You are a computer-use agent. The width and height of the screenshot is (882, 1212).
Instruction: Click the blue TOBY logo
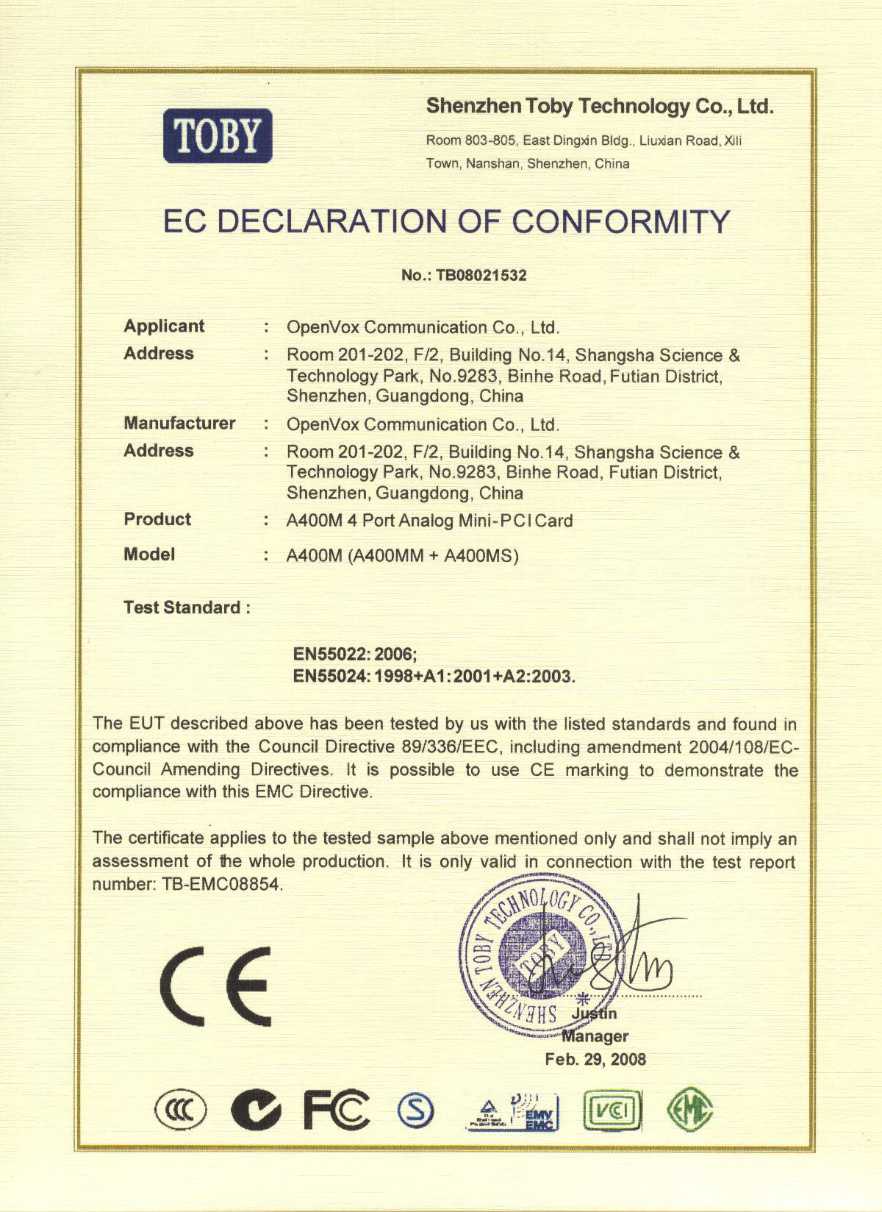point(218,135)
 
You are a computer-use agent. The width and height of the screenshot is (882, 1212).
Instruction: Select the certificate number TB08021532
point(481,275)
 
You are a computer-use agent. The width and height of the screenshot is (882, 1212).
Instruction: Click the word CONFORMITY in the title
point(620,221)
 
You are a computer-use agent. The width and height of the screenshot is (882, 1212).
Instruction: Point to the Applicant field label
point(164,326)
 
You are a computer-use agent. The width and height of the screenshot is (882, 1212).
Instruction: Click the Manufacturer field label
point(179,423)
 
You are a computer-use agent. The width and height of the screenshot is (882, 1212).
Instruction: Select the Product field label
point(157,519)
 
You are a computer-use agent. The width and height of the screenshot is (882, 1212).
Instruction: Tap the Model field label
point(149,554)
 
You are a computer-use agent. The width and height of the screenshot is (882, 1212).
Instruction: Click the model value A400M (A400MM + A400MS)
point(402,556)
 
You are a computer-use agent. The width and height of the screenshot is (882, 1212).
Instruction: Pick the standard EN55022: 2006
point(355,654)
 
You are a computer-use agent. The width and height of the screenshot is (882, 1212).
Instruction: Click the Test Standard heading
point(187,607)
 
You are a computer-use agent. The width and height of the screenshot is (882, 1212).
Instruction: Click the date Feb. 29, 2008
point(595,1059)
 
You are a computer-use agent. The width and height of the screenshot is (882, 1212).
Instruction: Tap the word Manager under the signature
point(595,1036)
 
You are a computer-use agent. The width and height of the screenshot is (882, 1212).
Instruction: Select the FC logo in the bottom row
point(337,1110)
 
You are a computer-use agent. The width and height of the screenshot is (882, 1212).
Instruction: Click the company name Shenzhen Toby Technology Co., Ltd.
point(600,107)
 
